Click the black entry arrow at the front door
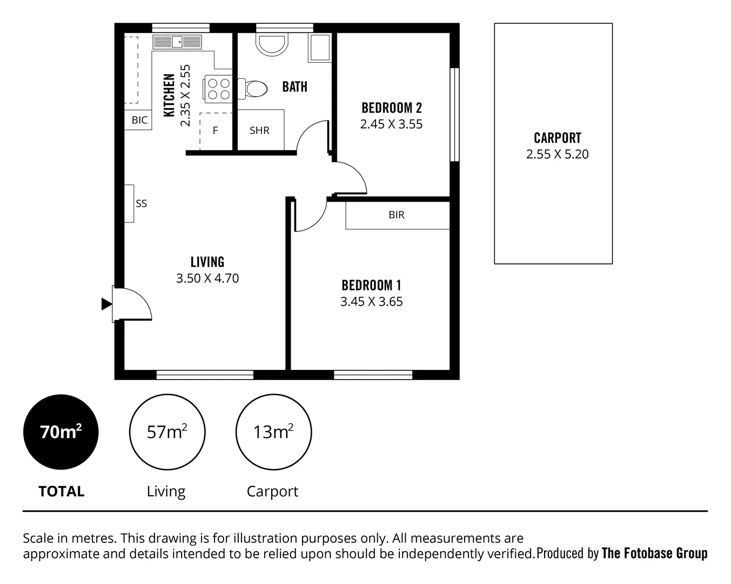click(x=106, y=304)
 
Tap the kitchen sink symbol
click(x=178, y=42)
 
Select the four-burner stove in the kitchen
click(x=218, y=89)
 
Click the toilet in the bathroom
click(x=253, y=89)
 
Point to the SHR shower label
click(x=259, y=130)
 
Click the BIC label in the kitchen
click(x=139, y=120)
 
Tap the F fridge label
click(x=215, y=130)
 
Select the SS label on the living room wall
click(x=141, y=203)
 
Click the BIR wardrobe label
click(x=396, y=215)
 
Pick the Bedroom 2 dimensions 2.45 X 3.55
click(x=391, y=124)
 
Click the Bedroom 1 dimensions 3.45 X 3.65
click(x=371, y=301)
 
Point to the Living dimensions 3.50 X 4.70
click(x=207, y=278)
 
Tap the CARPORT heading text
click(x=557, y=138)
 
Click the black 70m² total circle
click(x=61, y=432)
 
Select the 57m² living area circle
click(x=167, y=432)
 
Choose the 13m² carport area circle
click(x=273, y=432)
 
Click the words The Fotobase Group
click(x=654, y=553)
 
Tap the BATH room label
click(x=294, y=87)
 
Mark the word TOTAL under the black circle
click(x=62, y=491)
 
